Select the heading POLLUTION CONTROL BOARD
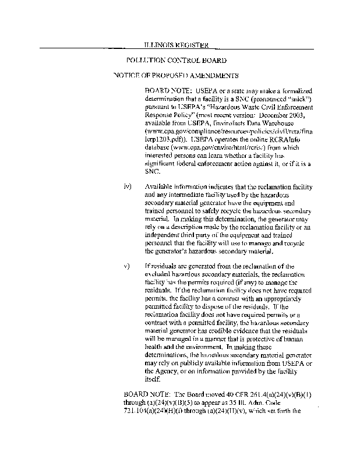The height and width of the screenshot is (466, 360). pos(176,60)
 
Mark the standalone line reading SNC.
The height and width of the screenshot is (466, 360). pos(153,172)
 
